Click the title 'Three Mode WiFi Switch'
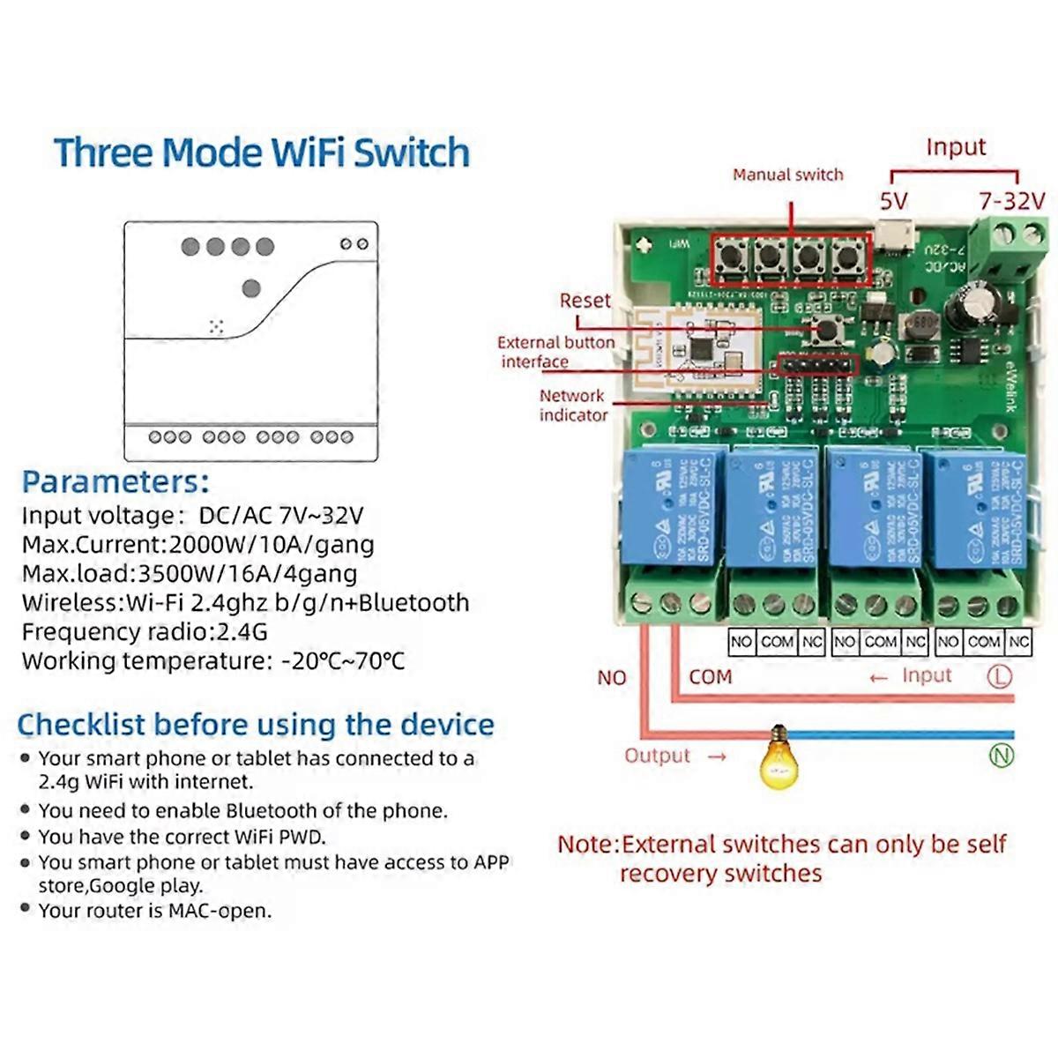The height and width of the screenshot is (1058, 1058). tap(262, 153)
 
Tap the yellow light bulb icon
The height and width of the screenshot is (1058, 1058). tap(778, 756)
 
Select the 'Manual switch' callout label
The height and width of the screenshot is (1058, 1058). tap(787, 175)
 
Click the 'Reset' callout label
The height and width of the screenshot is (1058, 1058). tap(585, 301)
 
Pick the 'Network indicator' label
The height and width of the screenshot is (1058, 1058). tap(572, 406)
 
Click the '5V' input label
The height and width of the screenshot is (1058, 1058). tap(893, 202)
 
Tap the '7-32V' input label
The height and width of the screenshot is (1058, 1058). tap(1011, 202)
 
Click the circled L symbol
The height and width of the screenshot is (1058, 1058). tap(999, 676)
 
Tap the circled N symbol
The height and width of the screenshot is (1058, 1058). tap(1002, 756)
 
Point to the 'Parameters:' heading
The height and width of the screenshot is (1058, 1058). tap(115, 482)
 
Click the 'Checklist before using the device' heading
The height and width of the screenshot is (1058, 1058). tap(256, 725)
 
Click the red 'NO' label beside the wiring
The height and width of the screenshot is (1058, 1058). tap(611, 678)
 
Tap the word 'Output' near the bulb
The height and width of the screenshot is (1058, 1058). tap(657, 756)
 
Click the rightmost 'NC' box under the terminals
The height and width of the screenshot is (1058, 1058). tap(1019, 642)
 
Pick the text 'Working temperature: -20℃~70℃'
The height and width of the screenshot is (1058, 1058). tap(213, 661)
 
